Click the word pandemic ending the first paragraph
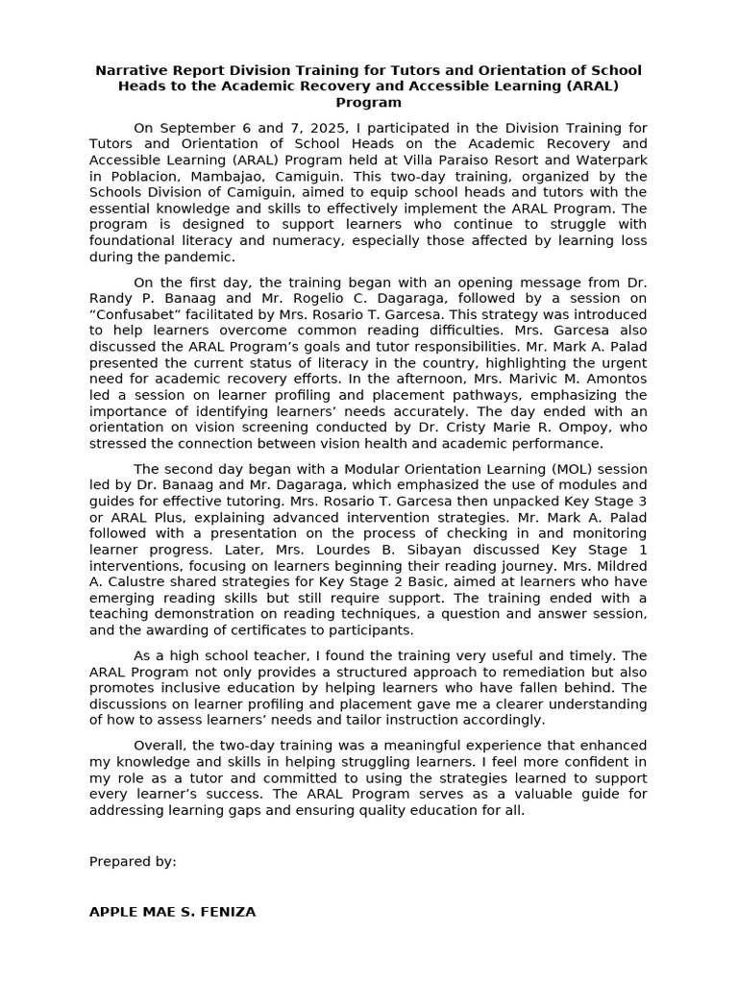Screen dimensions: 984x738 199,257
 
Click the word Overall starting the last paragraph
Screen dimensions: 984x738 160,746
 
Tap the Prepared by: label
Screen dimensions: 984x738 133,861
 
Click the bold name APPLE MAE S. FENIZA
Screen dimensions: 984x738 172,911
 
